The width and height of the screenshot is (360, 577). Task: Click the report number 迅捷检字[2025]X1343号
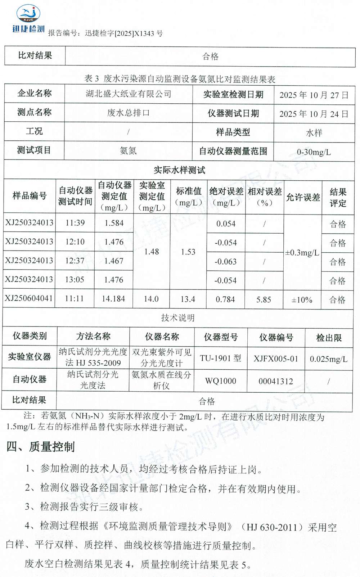123,33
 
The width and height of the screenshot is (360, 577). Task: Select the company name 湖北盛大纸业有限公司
129,94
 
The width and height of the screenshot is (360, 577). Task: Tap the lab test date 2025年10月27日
314,95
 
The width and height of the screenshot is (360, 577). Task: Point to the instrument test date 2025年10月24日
314,114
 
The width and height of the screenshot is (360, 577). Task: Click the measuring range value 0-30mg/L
314,152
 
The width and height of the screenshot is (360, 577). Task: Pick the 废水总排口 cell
128,113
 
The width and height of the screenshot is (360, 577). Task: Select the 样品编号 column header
30,196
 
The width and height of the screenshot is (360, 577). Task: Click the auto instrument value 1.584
114,223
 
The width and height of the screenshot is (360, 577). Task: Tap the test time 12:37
75,261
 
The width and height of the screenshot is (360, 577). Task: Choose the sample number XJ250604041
29,298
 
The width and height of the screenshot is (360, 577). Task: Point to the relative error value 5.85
264,299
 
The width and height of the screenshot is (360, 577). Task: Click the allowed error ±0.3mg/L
302,253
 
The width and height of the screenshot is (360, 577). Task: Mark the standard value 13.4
188,299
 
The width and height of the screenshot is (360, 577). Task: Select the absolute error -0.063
226,262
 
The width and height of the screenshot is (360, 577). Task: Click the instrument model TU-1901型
220,359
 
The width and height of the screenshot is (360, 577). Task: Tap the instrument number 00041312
276,381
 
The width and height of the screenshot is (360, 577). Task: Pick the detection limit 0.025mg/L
328,359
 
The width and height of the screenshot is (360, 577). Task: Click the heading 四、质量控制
41,447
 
